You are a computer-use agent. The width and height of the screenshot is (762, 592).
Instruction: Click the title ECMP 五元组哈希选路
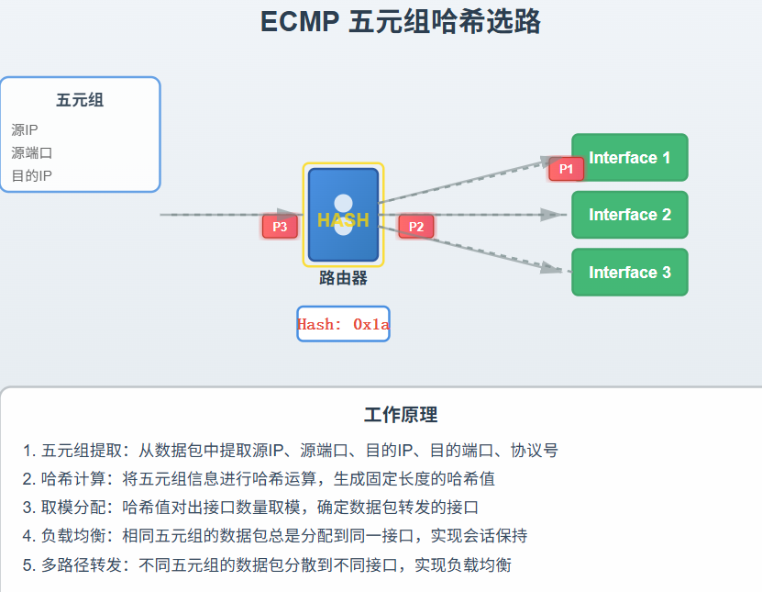click(x=400, y=21)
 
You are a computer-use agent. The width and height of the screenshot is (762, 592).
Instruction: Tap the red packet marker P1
click(x=566, y=169)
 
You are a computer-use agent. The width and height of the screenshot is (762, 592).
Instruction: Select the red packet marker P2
click(x=415, y=227)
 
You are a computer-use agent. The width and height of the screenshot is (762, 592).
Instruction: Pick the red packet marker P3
click(x=280, y=227)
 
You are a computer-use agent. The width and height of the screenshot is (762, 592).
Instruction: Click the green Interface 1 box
click(x=629, y=158)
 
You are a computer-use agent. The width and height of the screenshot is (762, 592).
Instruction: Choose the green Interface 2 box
click(x=629, y=215)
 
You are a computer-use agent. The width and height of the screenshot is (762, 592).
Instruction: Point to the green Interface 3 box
click(x=629, y=273)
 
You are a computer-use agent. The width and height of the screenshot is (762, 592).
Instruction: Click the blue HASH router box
click(x=343, y=215)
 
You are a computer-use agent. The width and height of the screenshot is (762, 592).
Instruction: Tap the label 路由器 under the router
click(x=343, y=278)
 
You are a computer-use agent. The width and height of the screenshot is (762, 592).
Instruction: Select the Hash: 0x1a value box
click(x=343, y=324)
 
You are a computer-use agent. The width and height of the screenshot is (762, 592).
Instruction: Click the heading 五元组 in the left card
click(x=80, y=100)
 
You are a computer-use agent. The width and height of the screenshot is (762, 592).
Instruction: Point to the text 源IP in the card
click(x=25, y=130)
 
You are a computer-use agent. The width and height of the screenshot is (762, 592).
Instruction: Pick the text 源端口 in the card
click(x=32, y=153)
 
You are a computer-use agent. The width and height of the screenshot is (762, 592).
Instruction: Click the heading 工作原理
click(x=401, y=415)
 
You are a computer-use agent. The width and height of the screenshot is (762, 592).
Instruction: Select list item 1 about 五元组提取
click(x=290, y=451)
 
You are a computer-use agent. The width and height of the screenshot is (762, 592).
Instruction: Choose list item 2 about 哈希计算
click(x=259, y=479)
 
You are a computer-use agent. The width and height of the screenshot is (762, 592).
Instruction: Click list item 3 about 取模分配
click(x=250, y=508)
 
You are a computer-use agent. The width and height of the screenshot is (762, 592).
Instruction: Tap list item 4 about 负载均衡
click(x=275, y=536)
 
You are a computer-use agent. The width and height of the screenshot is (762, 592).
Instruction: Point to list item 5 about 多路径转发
click(x=267, y=564)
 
